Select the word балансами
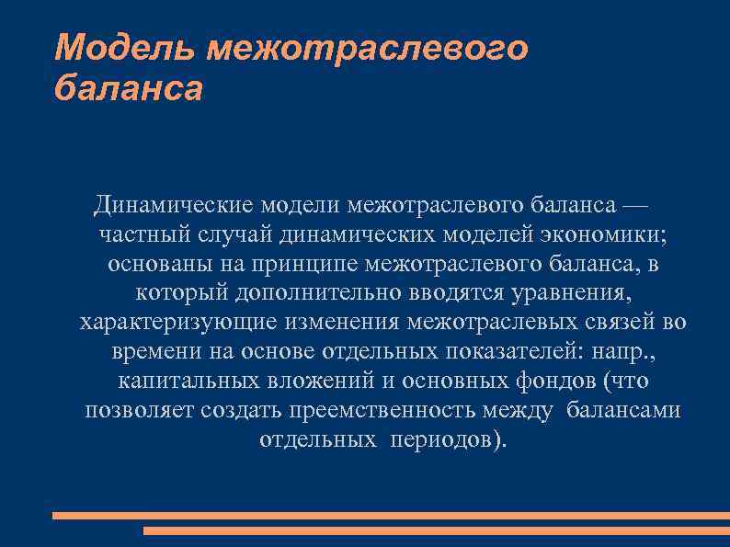coord(623,410)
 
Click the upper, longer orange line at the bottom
coord(390,516)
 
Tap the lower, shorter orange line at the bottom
coord(436,530)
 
